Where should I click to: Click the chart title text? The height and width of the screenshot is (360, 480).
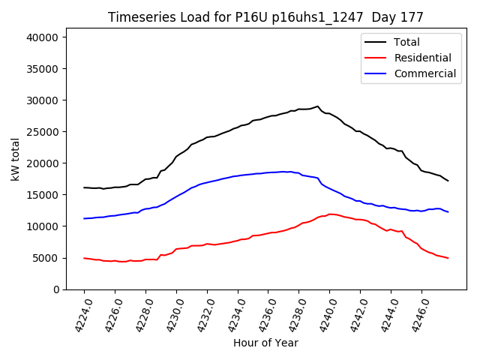(265, 17)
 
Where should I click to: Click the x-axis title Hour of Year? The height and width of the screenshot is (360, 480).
(265, 343)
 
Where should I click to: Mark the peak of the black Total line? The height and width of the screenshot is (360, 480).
(317, 106)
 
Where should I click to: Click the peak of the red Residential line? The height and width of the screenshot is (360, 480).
(330, 214)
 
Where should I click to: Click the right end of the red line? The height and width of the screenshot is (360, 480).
(448, 258)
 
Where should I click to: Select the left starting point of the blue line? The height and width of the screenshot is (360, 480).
(84, 218)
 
